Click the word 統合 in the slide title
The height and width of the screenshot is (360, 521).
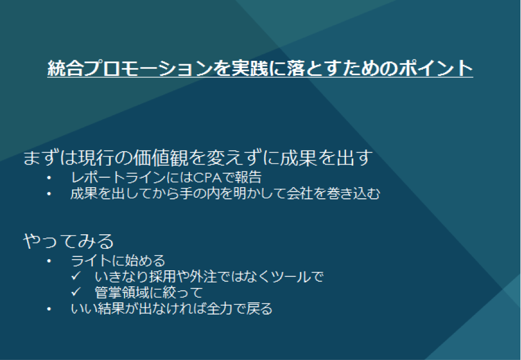coord(65,68)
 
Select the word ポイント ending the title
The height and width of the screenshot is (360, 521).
coord(436,68)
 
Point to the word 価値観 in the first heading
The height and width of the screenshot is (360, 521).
coord(160,157)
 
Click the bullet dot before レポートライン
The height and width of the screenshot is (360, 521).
coord(49,178)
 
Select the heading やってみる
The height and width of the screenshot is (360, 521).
coord(69,241)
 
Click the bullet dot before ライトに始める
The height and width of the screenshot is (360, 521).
coord(49,261)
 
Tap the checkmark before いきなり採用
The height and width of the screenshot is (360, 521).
coord(76,276)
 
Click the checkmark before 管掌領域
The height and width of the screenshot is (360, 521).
coord(76,292)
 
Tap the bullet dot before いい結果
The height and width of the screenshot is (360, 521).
coord(49,310)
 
